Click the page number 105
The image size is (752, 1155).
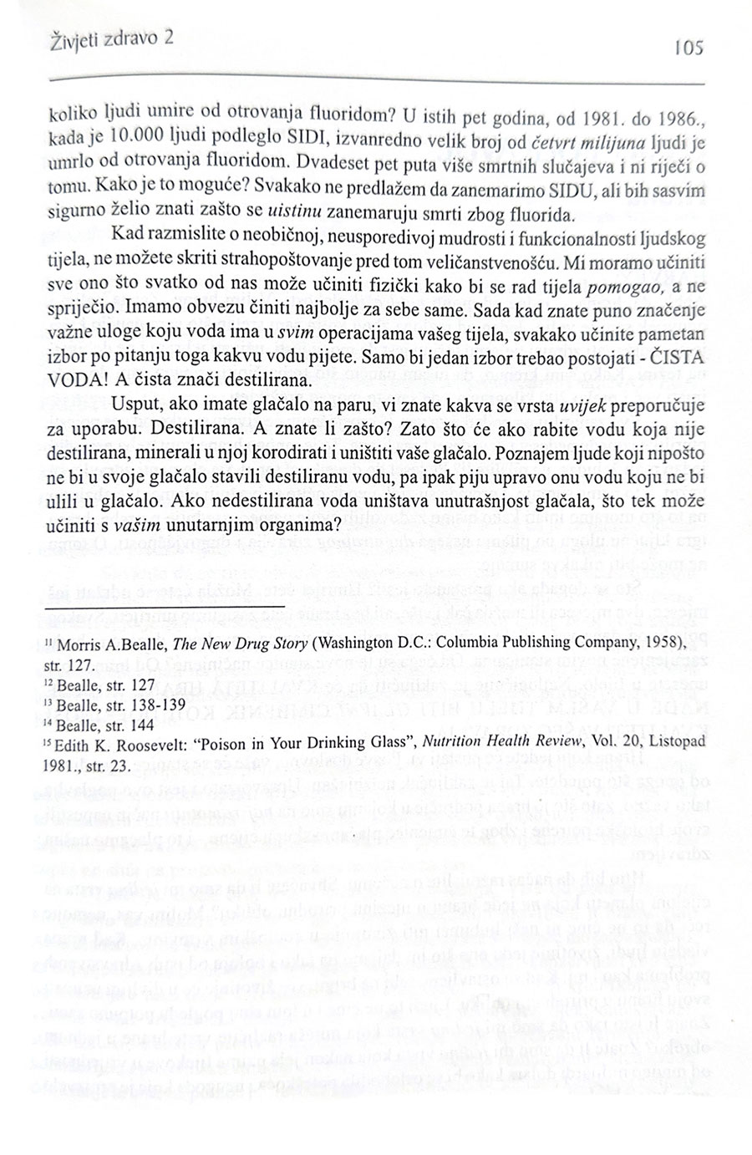pyautogui.click(x=688, y=49)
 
